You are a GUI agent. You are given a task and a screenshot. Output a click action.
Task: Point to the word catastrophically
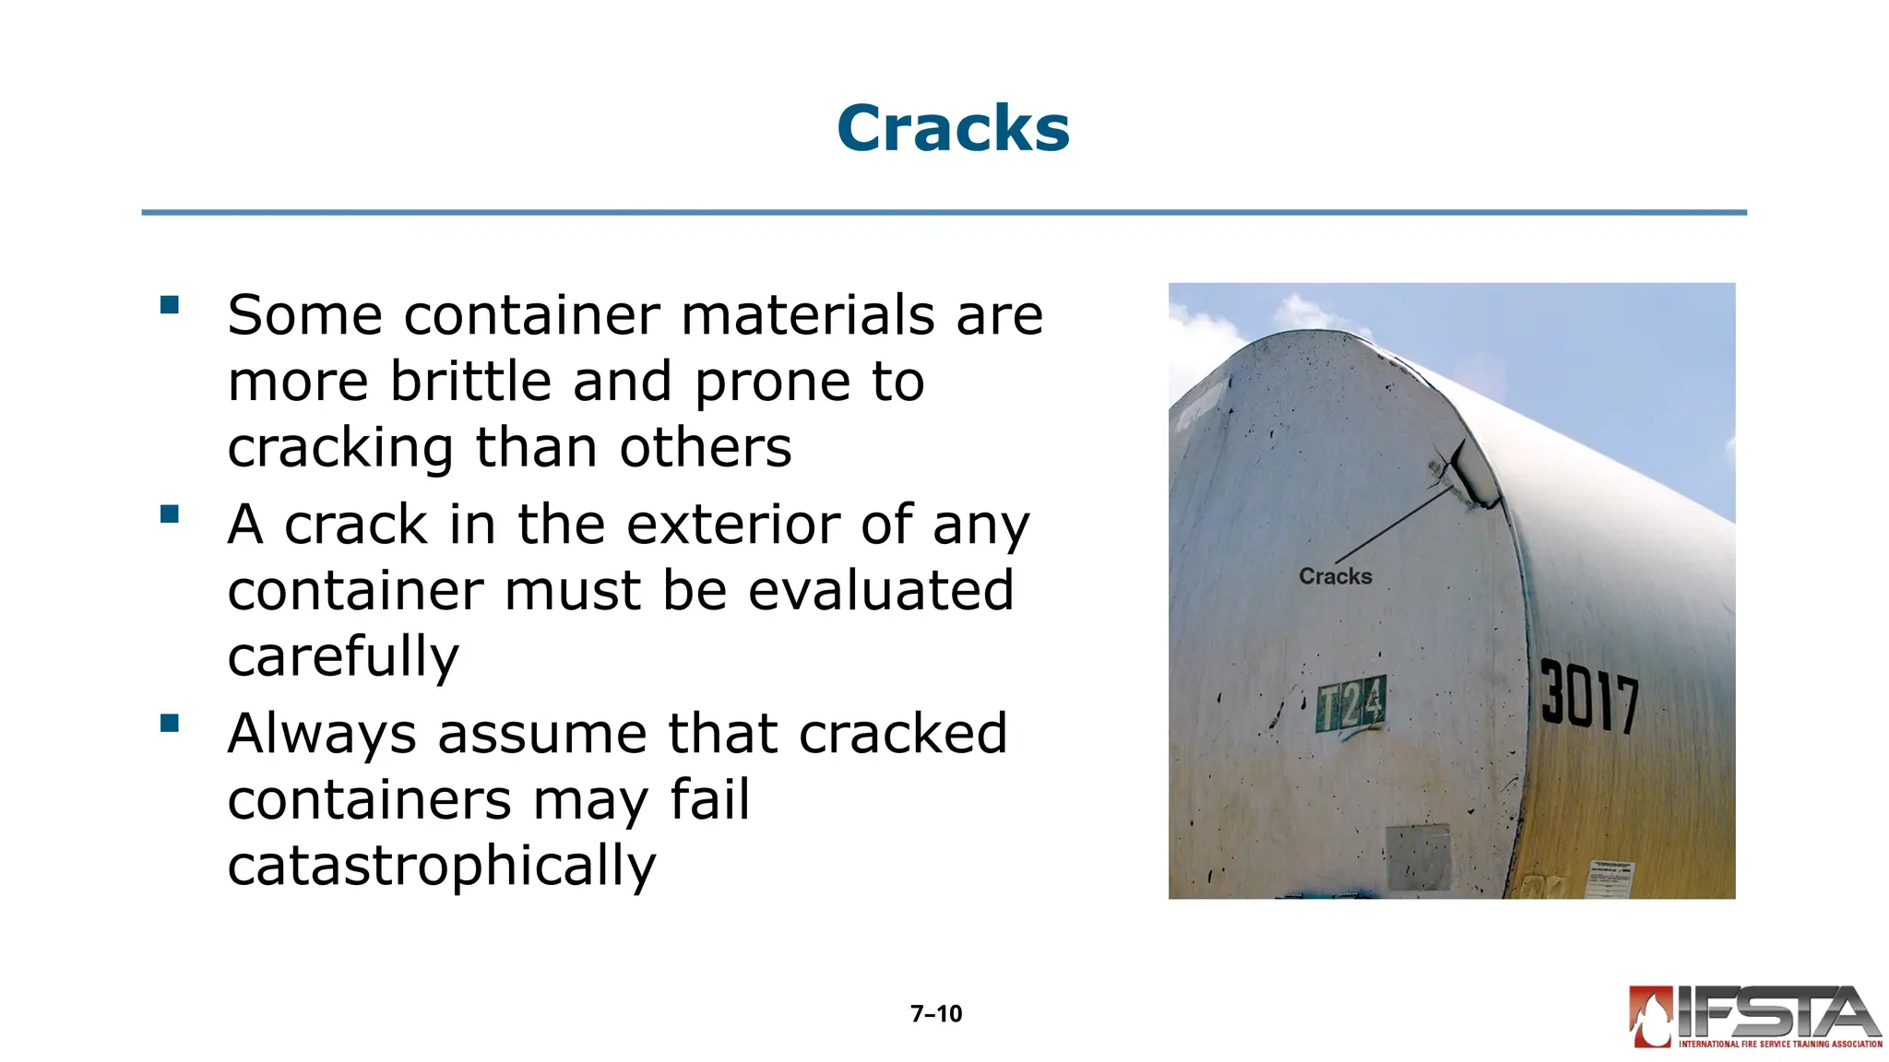[442, 866]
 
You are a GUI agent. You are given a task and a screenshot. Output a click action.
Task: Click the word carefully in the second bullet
[343, 656]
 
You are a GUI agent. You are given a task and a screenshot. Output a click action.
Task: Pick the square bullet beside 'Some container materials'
[170, 305]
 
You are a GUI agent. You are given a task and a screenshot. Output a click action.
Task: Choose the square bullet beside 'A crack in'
[170, 513]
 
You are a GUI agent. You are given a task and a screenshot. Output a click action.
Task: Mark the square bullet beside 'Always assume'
[170, 723]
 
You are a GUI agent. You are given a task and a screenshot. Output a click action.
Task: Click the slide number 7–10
[936, 1014]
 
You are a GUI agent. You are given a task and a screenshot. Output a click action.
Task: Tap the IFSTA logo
[1755, 1018]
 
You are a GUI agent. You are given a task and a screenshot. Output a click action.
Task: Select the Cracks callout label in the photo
[1335, 576]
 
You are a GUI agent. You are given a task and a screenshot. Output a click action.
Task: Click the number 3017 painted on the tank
[1589, 696]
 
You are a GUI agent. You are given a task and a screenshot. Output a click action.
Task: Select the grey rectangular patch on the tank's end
[1419, 857]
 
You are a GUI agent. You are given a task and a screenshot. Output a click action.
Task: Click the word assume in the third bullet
[542, 734]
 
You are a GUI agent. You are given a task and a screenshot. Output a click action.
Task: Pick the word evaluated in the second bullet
[881, 590]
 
